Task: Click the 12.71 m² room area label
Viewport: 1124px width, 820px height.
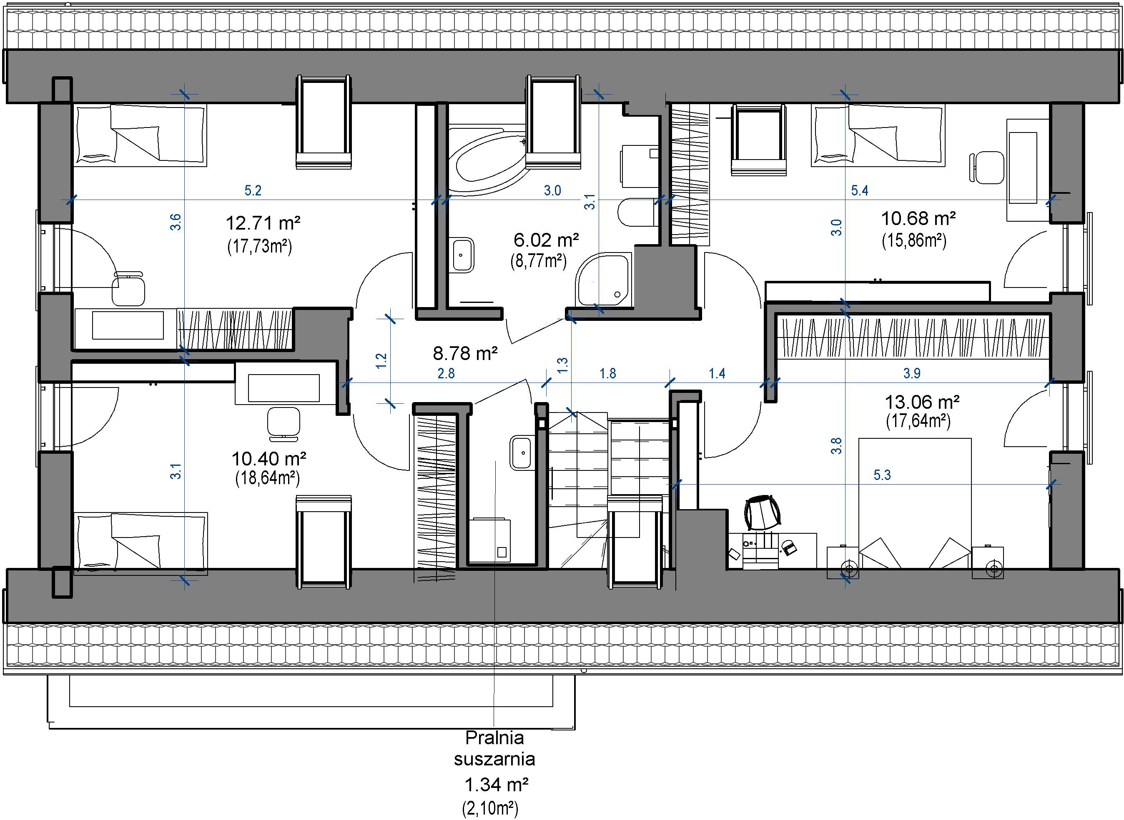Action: click(263, 223)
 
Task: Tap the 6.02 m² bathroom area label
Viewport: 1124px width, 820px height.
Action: click(546, 240)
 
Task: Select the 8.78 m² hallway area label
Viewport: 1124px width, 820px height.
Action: click(465, 353)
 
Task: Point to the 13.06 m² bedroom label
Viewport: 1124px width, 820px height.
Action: click(922, 402)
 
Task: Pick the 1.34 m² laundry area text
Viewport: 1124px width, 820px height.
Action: click(496, 785)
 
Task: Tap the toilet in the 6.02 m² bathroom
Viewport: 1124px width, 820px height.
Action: click(636, 212)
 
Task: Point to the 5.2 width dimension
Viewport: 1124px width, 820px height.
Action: click(253, 190)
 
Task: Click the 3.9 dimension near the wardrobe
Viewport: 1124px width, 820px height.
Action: click(912, 373)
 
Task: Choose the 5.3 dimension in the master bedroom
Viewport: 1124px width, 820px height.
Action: click(882, 475)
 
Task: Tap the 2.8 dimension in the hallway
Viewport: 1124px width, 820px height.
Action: click(446, 373)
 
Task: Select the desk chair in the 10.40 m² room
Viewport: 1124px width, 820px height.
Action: click(283, 425)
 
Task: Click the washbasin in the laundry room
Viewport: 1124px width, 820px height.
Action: click(521, 452)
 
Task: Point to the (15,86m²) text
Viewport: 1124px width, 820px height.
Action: click(914, 240)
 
